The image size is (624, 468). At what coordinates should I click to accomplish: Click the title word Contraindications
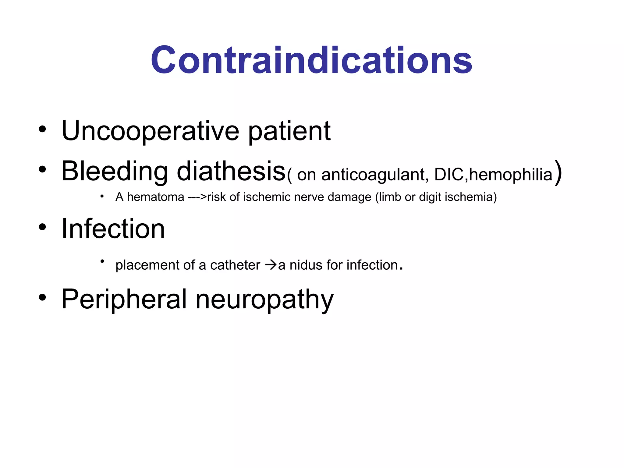coord(311,60)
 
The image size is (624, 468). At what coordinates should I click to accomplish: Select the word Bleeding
coord(115,171)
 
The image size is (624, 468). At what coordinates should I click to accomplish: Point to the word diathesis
coord(231,171)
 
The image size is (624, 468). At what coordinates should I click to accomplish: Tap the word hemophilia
coord(511,175)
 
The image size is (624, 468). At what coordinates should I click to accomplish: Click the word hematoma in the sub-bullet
coord(155,197)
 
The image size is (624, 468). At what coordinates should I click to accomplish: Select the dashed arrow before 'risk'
coord(197,197)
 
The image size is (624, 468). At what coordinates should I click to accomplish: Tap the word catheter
coord(235,265)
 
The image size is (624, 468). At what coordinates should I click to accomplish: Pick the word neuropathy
coord(264,300)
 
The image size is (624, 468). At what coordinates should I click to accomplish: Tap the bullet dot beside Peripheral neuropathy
coord(42,298)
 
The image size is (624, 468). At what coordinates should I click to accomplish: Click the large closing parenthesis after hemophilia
coord(558,172)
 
